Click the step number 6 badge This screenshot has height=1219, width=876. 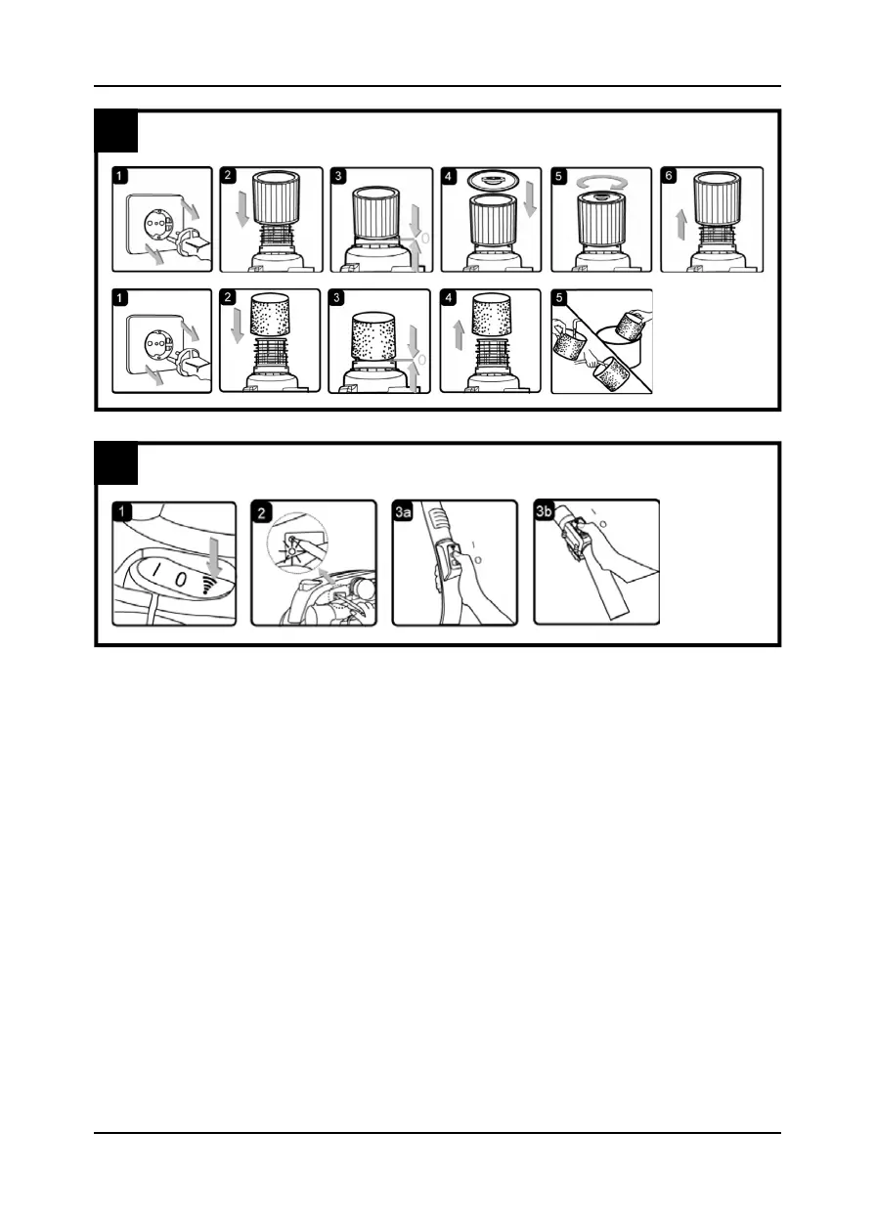click(671, 177)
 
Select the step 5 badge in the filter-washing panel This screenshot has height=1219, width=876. click(561, 299)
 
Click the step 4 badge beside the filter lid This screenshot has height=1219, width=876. click(451, 177)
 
